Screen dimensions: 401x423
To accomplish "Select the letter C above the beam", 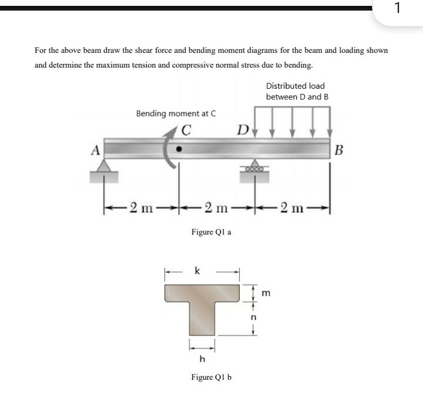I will pyautogui.click(x=186, y=131).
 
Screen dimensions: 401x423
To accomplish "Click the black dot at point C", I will pyautogui.click(x=179, y=149).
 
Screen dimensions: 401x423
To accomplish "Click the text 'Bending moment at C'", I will pyautogui.click(x=176, y=113).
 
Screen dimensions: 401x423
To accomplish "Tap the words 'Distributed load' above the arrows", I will pyautogui.click(x=295, y=86).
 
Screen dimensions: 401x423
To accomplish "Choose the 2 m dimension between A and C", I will pyautogui.click(x=142, y=206).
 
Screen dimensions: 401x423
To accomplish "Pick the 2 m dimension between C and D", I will pyautogui.click(x=216, y=206).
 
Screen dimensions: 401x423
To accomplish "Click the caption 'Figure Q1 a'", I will pyautogui.click(x=211, y=232).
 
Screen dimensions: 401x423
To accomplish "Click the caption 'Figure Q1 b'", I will pyautogui.click(x=211, y=377).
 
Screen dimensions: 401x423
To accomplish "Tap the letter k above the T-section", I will pyautogui.click(x=197, y=271).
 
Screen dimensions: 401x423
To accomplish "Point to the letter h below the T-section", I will pyautogui.click(x=202, y=359).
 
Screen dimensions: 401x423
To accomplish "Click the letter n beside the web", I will pyautogui.click(x=254, y=318).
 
